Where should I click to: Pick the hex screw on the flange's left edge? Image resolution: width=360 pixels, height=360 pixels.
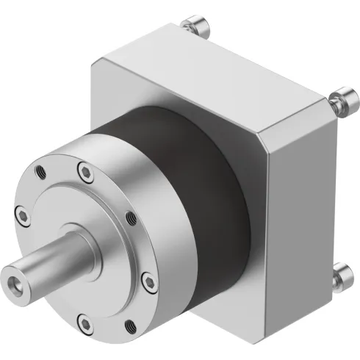click(22, 215)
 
